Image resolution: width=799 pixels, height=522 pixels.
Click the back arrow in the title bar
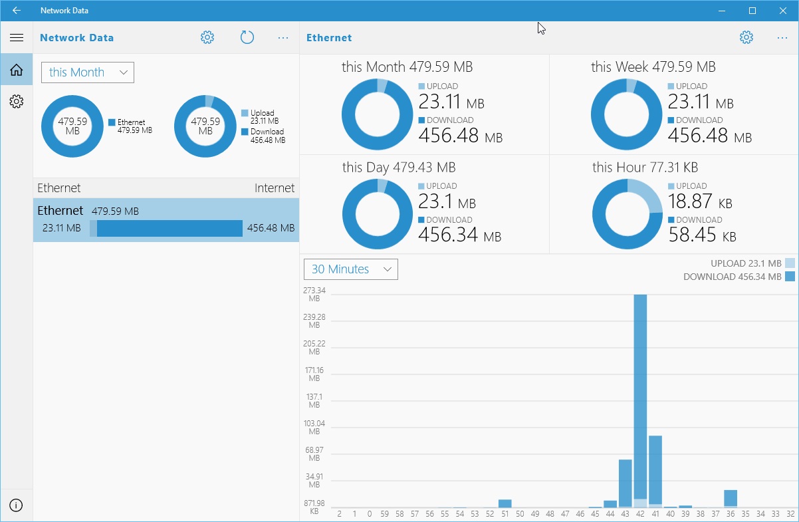[x=16, y=11]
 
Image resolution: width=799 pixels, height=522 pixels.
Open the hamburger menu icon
[x=16, y=38]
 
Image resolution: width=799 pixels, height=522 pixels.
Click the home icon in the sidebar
[x=16, y=70]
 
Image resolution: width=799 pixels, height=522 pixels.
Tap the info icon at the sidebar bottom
[x=16, y=505]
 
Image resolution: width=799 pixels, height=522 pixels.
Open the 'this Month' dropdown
[x=88, y=72]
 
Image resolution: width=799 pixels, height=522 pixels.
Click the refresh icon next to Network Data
[x=247, y=38]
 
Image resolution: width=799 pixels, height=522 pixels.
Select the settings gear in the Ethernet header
[x=746, y=38]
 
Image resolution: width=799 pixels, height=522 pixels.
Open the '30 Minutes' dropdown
[x=351, y=269]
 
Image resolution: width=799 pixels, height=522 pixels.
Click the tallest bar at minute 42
[x=640, y=399]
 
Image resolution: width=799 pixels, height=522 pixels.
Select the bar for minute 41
[x=655, y=471]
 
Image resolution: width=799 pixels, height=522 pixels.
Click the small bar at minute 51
[x=505, y=504]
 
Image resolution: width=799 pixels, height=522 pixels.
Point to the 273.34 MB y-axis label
[x=314, y=295]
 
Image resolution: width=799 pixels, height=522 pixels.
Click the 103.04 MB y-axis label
[x=314, y=428]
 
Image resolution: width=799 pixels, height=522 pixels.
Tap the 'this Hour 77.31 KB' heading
[x=645, y=168]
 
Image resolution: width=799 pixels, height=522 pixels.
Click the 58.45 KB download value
[x=701, y=235]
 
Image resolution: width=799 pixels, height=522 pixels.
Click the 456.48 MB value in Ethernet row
[x=271, y=228]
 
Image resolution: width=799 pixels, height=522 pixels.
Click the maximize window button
[x=752, y=11]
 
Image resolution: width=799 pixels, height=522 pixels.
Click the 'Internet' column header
[x=274, y=188]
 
